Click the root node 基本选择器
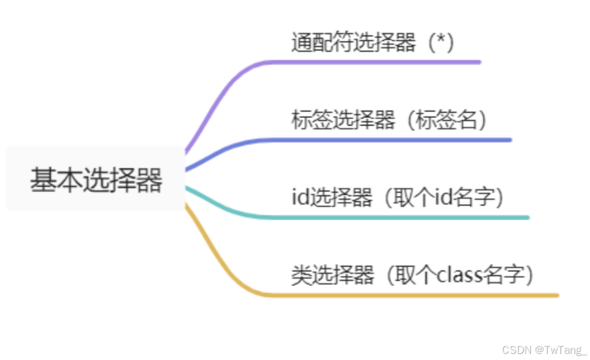(95, 180)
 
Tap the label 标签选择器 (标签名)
(389, 120)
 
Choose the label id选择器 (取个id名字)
(397, 197)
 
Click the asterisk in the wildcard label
(441, 41)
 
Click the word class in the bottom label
(460, 275)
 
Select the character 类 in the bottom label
(300, 275)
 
